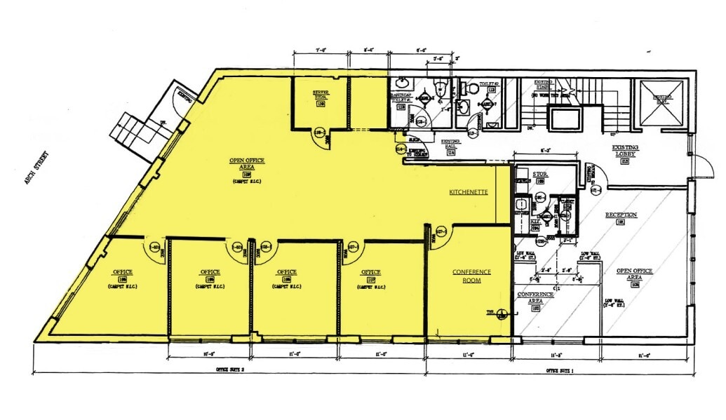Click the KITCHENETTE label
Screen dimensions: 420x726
click(x=469, y=191)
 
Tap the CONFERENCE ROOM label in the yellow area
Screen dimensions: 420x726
click(x=471, y=276)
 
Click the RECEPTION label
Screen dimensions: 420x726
click(x=620, y=215)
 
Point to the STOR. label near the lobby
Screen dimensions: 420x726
click(x=539, y=173)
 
